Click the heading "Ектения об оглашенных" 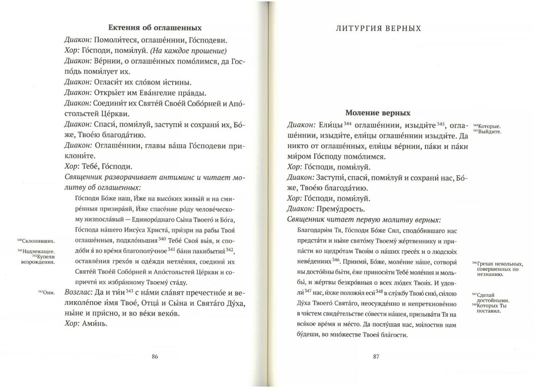[x=155, y=28]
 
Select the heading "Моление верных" [x=377, y=113]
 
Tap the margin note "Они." [x=47, y=293]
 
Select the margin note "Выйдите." [x=488, y=131]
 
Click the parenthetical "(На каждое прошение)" [x=195, y=51]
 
